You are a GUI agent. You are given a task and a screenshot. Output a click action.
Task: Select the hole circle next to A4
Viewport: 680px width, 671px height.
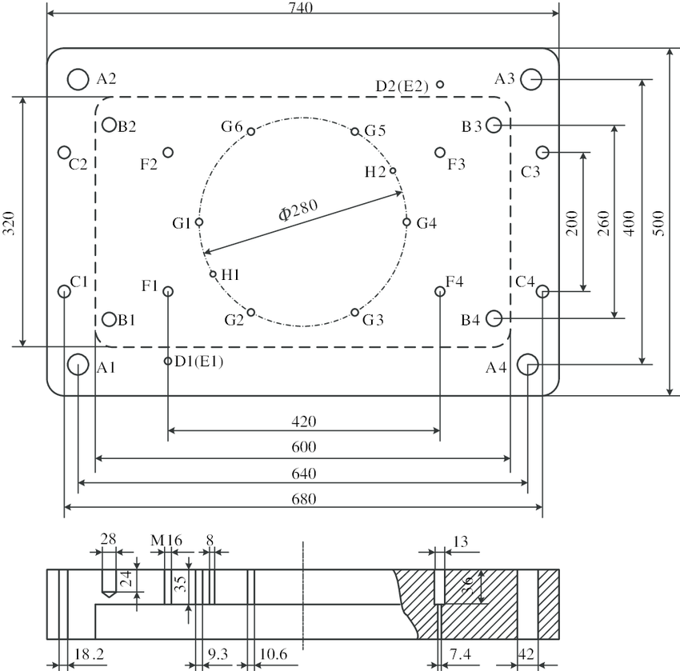click(528, 365)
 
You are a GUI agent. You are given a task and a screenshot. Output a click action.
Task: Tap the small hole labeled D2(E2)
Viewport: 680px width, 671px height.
click(441, 83)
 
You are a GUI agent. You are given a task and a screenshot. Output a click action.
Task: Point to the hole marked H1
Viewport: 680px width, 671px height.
click(213, 274)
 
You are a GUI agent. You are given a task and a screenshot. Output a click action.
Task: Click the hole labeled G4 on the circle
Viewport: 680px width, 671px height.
click(407, 222)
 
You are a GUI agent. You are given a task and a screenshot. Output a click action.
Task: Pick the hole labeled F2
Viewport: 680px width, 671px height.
click(168, 152)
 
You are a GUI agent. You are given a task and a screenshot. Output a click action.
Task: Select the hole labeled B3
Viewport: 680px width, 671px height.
click(493, 125)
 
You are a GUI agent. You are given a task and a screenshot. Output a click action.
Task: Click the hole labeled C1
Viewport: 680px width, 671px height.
click(64, 291)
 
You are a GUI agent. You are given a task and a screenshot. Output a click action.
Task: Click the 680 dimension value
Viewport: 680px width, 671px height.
click(304, 499)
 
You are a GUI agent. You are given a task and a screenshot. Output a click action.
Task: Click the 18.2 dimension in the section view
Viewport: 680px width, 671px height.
click(88, 654)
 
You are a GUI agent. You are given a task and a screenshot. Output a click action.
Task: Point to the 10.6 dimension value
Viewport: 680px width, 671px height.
click(274, 654)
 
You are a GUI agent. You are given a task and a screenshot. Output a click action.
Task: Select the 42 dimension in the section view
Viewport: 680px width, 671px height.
click(526, 654)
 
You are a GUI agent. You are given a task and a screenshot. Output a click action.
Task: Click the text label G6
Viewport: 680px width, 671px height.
click(232, 126)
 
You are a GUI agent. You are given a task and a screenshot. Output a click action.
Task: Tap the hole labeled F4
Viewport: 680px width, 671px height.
click(440, 291)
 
